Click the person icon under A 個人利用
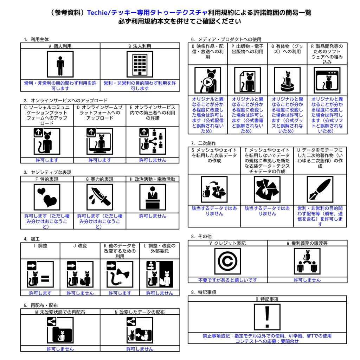pyautogui.click(x=60, y=65)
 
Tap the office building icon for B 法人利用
pyautogui.click(x=140, y=65)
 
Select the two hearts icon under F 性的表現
pyautogui.click(x=47, y=197)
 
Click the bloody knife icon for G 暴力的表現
pyautogui.click(x=100, y=197)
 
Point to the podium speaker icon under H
pyautogui.click(x=153, y=197)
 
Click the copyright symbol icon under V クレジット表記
pyautogui.click(x=227, y=261)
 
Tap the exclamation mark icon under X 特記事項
pyautogui.click(x=267, y=317)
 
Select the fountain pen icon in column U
pyautogui.click(x=320, y=189)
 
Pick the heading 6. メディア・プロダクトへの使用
pyautogui.click(x=226, y=39)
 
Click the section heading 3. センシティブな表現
pyautogui.click(x=47, y=172)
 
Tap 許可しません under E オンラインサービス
pyautogui.click(x=153, y=160)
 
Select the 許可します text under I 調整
pyautogui.click(x=40, y=293)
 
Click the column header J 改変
pyautogui.click(x=80, y=246)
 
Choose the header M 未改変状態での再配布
pyautogui.click(x=60, y=312)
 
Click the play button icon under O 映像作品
pyautogui.click(x=208, y=82)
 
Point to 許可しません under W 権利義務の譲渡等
pyautogui.click(x=307, y=280)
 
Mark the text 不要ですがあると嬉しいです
pyautogui.click(x=227, y=280)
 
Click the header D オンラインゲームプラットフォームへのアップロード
pyautogui.click(x=100, y=112)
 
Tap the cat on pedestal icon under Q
pyautogui.click(x=287, y=81)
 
